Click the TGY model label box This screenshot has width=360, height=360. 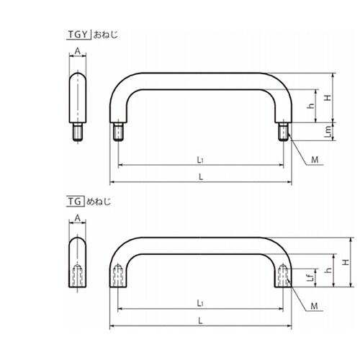click(78, 35)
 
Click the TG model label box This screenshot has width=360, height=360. click(75, 202)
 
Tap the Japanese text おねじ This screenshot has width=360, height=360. click(106, 35)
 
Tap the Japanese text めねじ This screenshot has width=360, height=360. click(99, 202)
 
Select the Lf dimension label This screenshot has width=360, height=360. click(311, 278)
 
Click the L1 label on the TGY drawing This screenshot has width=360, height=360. click(200, 160)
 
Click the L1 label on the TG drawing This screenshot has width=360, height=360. click(200, 303)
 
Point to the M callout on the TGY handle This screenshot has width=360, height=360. click(315, 160)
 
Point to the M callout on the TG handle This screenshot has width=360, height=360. click(314, 306)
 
